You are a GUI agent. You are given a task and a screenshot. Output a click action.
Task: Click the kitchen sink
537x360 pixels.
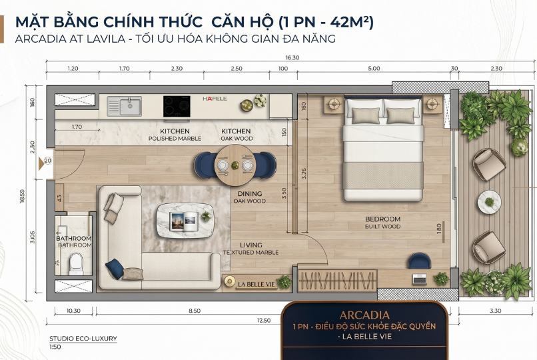click(x=125, y=106)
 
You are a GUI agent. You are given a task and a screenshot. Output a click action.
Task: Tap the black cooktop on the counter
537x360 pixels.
click(x=177, y=107)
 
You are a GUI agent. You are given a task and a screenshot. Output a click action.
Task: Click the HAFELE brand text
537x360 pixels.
click(x=215, y=99)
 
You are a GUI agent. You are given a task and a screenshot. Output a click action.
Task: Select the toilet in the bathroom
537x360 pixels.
click(x=76, y=264)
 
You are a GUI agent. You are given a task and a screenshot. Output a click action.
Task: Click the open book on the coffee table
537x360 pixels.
click(x=184, y=220)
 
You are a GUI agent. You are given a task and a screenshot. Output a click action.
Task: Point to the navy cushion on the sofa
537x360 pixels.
click(x=115, y=268)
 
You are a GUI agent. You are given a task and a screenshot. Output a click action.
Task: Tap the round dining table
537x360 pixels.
click(x=235, y=165)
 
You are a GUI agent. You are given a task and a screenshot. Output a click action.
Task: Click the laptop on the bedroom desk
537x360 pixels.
click(x=419, y=279)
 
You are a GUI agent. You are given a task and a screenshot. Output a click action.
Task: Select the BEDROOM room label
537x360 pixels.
click(x=382, y=219)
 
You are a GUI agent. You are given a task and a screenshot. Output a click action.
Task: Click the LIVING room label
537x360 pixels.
click(x=251, y=245)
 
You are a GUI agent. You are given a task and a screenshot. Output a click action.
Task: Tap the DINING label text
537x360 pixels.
click(x=250, y=194)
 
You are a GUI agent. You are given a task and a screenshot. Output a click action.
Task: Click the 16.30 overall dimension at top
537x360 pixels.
click(x=292, y=57)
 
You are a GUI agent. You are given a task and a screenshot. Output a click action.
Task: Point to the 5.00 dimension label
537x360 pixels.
click(x=374, y=69)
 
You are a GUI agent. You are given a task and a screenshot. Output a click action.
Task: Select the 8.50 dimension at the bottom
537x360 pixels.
click(x=195, y=311)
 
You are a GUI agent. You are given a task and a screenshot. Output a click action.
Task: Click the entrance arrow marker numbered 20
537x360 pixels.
click(x=45, y=163)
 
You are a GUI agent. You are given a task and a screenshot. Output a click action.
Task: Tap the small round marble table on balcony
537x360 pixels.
click(x=490, y=203)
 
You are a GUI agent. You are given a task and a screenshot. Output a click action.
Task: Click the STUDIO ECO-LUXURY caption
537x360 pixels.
click(x=83, y=339)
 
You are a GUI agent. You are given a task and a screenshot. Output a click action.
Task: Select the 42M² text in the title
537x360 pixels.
click(x=349, y=22)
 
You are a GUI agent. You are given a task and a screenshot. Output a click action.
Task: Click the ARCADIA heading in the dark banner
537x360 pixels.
click(x=364, y=315)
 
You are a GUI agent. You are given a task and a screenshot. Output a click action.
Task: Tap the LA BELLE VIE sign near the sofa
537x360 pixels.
click(x=257, y=284)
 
